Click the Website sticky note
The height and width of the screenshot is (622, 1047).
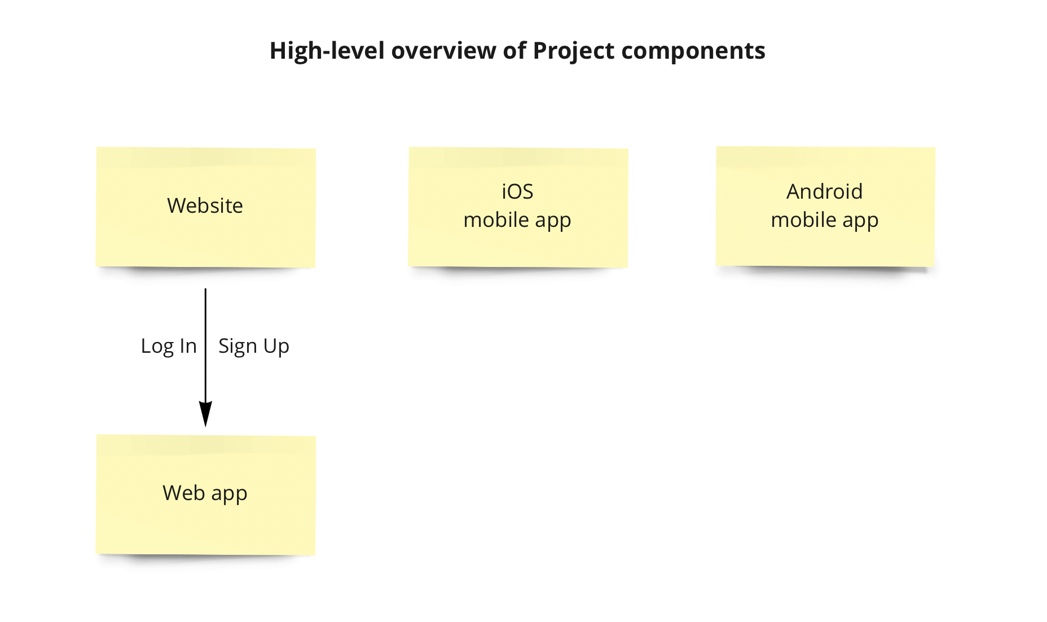click(206, 207)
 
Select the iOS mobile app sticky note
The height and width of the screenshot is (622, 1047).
click(518, 207)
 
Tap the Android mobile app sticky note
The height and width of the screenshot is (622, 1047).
click(825, 207)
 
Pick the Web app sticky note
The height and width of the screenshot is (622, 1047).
click(206, 494)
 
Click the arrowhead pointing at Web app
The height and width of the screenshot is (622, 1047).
click(205, 414)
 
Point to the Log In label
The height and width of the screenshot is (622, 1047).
click(169, 346)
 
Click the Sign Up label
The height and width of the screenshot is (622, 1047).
click(254, 346)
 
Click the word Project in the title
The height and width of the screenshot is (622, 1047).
click(574, 51)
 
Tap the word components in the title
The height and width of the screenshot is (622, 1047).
click(693, 51)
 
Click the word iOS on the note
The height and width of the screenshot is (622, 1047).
click(518, 192)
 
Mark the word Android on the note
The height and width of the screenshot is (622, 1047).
click(825, 192)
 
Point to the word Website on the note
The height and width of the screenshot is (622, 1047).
click(205, 205)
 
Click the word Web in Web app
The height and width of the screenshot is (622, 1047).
click(184, 493)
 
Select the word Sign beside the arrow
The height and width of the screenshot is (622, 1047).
click(237, 346)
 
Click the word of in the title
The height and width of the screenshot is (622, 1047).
click(514, 51)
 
